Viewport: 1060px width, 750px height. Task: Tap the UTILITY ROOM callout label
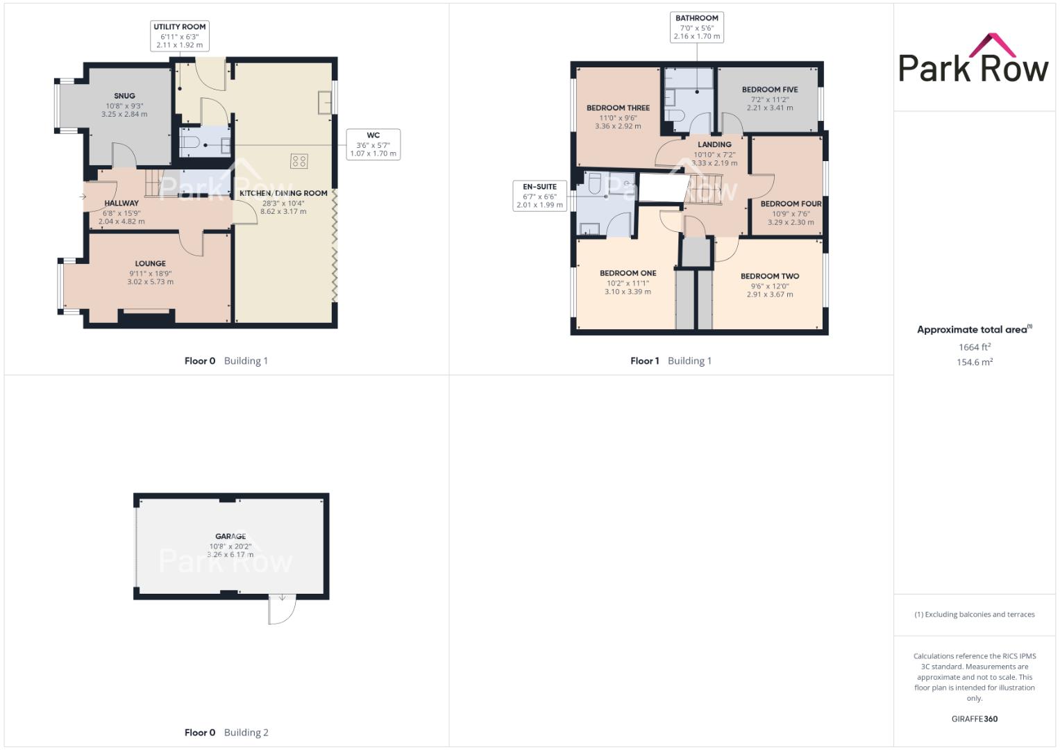click(x=179, y=35)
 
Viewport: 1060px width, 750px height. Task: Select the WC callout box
click(x=373, y=144)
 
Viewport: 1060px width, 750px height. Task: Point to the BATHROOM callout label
click(x=696, y=27)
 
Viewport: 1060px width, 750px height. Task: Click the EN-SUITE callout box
click(x=539, y=196)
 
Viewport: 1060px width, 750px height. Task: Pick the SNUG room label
click(x=124, y=96)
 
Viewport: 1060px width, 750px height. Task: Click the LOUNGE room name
click(x=151, y=263)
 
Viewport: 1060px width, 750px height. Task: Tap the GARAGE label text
click(x=230, y=536)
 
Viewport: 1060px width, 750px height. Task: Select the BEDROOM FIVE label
click(x=770, y=90)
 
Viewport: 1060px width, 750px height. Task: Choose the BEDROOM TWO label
click(x=770, y=276)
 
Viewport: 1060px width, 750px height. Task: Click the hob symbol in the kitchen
click(x=299, y=161)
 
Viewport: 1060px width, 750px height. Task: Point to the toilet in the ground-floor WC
click(x=190, y=142)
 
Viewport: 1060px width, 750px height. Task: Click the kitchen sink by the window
click(x=325, y=102)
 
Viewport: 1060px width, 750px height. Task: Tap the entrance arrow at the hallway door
click(x=83, y=197)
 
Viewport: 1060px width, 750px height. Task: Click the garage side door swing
click(x=282, y=610)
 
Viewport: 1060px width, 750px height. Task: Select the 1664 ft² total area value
click(x=975, y=347)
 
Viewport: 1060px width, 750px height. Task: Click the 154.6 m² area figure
click(x=975, y=362)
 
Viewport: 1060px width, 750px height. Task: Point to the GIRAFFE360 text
click(x=975, y=719)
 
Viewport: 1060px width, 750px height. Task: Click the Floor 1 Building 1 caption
click(x=671, y=361)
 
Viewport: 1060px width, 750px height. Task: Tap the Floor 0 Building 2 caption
click(x=226, y=733)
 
